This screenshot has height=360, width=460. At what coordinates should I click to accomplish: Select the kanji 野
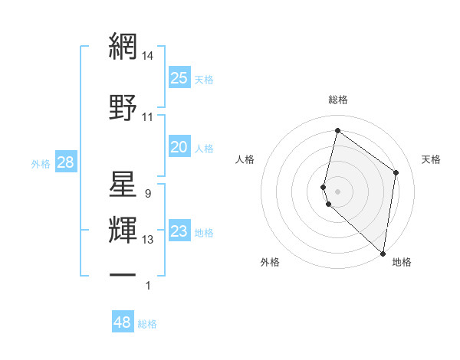[x=123, y=108]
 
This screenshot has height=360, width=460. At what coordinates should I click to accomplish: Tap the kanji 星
[x=123, y=186]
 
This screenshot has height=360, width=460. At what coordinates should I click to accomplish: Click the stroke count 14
[x=148, y=55]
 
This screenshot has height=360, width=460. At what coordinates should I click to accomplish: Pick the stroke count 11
[x=148, y=116]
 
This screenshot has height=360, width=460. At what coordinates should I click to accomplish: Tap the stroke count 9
[x=147, y=194]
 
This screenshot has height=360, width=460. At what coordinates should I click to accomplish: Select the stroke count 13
[x=148, y=240]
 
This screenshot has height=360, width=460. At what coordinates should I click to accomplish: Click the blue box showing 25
[x=179, y=78]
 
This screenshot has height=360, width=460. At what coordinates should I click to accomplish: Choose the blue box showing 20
[x=179, y=147]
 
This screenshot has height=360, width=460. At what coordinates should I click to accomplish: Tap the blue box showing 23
[x=179, y=231]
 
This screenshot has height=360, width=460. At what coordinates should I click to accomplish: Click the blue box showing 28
[x=65, y=162]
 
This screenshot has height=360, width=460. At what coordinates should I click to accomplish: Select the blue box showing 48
[x=123, y=322]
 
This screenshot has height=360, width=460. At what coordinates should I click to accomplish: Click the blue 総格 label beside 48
[x=147, y=324]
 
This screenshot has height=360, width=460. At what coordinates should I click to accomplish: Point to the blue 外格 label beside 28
[x=41, y=163]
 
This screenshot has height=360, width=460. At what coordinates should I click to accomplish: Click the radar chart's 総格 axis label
[x=338, y=100]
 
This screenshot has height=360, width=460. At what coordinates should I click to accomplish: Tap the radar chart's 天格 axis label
[x=431, y=159]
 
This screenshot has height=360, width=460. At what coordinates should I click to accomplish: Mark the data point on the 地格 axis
[x=383, y=253]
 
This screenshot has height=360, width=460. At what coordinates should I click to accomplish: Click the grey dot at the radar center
[x=338, y=190]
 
